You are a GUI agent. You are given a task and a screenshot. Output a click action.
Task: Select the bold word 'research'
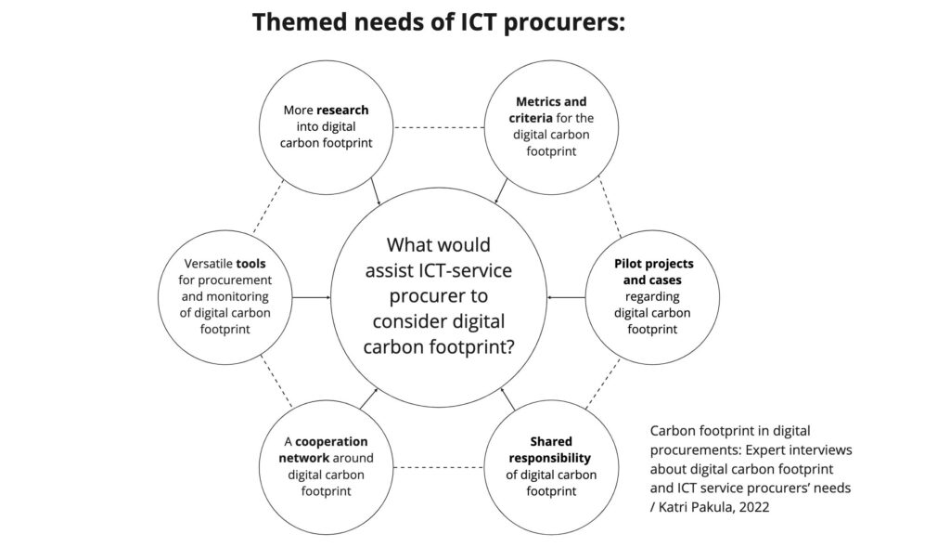[342, 111]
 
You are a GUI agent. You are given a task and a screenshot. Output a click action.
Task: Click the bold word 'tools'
[250, 264]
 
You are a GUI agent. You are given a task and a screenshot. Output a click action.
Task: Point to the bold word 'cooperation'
[331, 441]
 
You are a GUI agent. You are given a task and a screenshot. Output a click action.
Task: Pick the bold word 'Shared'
[551, 441]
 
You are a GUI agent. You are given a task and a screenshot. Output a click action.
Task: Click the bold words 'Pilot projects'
[654, 264]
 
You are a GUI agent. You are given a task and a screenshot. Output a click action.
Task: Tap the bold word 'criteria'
[531, 118]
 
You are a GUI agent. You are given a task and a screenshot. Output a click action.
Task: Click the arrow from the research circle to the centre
[376, 191]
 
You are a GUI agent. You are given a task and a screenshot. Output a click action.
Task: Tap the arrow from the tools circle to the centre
[312, 298]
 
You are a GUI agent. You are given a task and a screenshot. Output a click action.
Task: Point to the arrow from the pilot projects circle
[566, 298]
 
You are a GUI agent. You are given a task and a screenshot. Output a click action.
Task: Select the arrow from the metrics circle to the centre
[502, 190]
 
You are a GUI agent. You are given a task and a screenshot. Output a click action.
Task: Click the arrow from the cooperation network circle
[368, 398]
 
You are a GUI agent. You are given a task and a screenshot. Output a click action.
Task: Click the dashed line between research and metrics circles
[439, 127]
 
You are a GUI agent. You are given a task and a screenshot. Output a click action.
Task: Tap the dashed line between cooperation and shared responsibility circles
[439, 467]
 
